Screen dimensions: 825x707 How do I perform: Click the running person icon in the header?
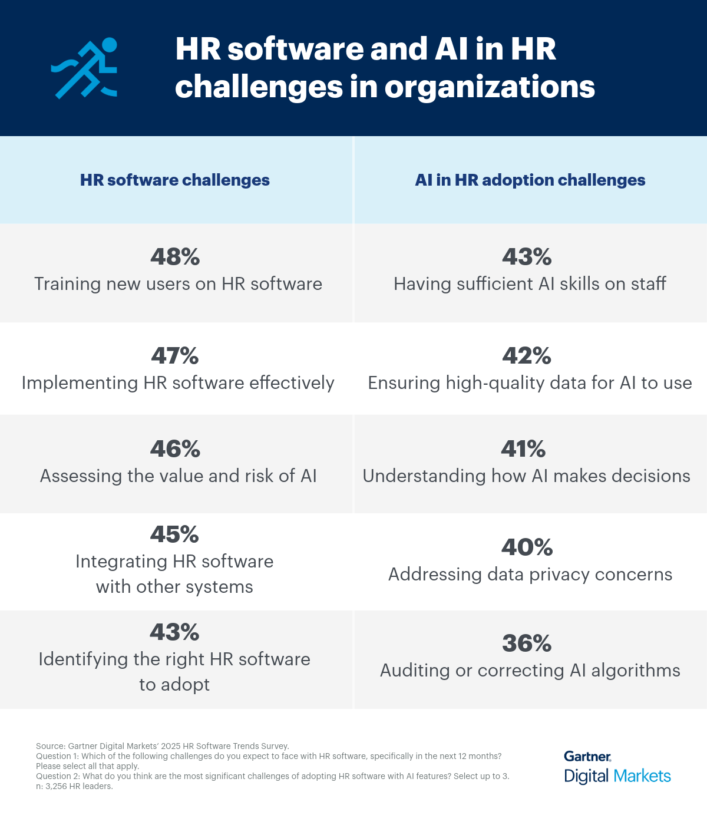point(84,68)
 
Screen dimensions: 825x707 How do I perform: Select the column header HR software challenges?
point(175,180)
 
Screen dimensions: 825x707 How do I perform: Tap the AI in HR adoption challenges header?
point(530,180)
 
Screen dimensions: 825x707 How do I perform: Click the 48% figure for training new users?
point(175,257)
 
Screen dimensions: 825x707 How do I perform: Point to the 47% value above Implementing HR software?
point(175,356)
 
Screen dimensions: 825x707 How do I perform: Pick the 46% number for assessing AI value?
point(175,449)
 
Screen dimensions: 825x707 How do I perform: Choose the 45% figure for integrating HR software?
point(174,534)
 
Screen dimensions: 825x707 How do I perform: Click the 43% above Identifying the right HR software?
point(174,632)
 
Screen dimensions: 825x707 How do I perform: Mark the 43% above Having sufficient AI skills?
point(527,257)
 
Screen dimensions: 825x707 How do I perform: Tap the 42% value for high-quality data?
point(527,356)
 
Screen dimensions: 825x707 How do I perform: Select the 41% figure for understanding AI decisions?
point(523,449)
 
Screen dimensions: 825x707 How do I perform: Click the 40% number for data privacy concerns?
point(527,547)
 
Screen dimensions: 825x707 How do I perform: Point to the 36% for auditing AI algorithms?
point(527,643)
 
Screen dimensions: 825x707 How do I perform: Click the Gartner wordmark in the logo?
point(587,757)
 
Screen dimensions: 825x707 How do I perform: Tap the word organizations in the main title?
point(490,87)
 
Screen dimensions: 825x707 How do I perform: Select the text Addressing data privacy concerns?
point(530,575)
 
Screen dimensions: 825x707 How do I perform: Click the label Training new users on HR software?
point(178,284)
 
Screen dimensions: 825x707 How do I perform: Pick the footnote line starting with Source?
point(163,746)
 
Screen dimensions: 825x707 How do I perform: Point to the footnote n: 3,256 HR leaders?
point(74,786)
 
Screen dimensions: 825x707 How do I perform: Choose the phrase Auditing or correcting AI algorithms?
point(530,671)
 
